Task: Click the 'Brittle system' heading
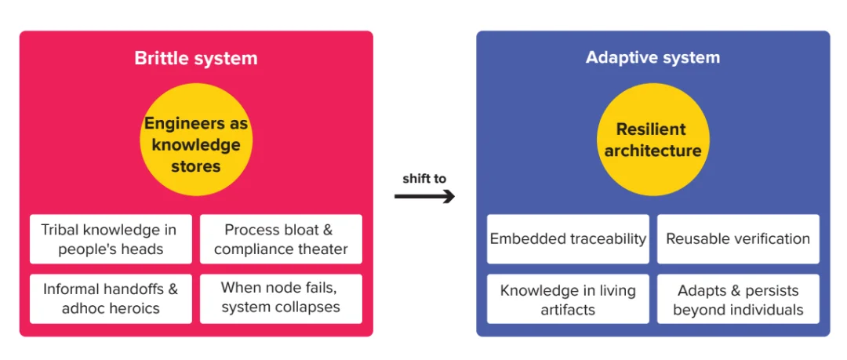click(195, 58)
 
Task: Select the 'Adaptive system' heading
click(653, 58)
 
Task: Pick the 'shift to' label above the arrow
click(424, 179)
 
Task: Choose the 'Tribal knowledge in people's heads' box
click(110, 239)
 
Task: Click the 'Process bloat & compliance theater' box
click(281, 239)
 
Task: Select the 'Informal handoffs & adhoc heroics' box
click(110, 298)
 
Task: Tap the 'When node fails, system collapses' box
click(281, 298)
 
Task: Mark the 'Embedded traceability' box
click(568, 239)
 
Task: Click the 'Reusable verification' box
click(738, 239)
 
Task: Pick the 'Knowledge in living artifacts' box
click(568, 299)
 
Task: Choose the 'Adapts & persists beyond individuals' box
click(738, 299)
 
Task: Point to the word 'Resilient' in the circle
click(651, 129)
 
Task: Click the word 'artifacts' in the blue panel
click(568, 309)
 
